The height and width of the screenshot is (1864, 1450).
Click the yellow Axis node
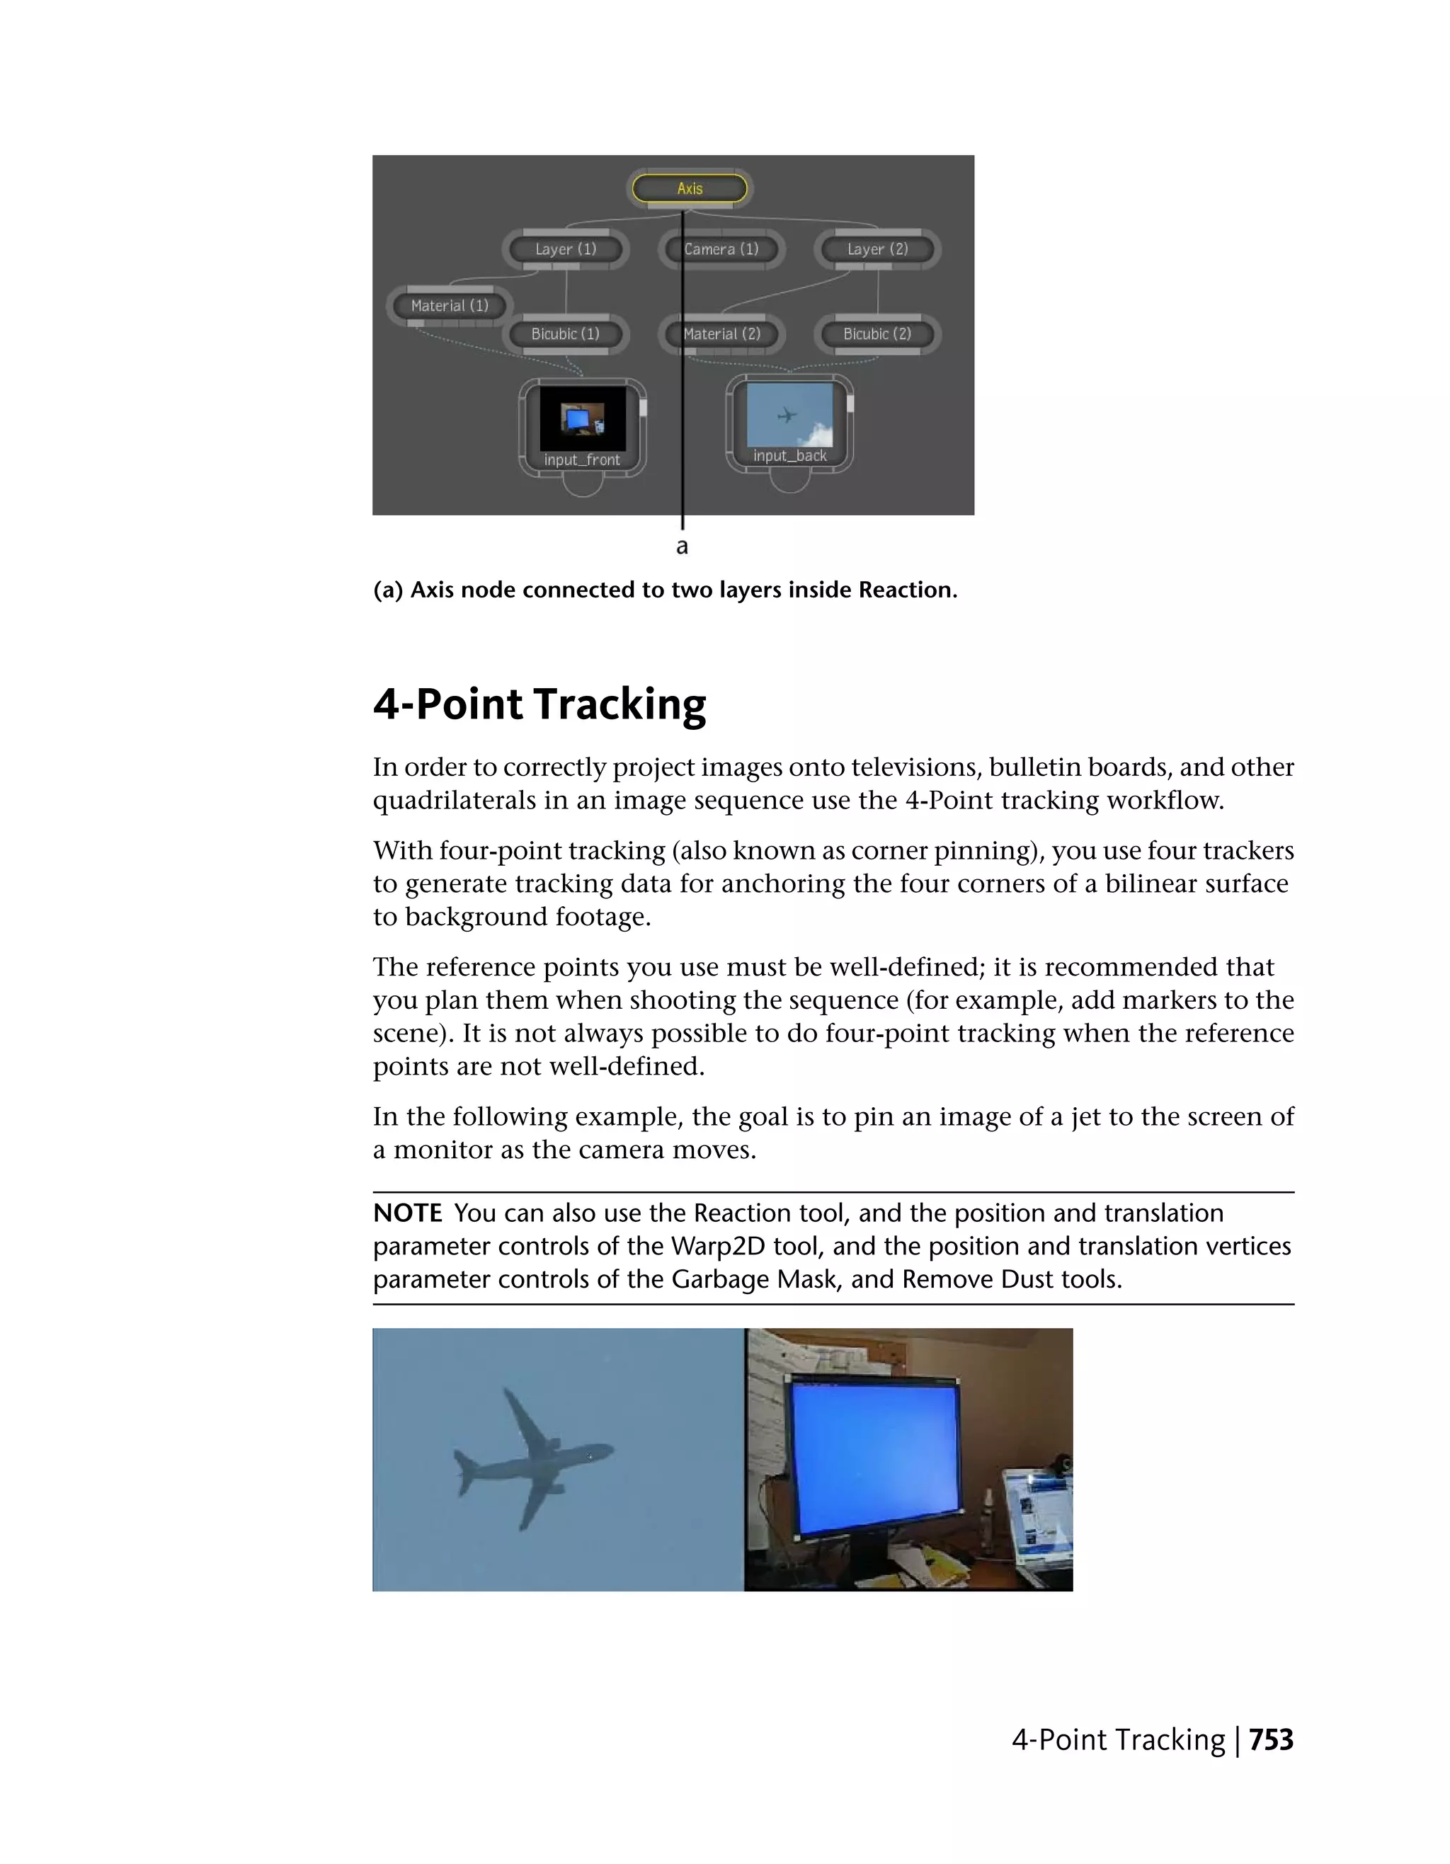[689, 188]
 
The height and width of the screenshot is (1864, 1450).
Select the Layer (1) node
[565, 249]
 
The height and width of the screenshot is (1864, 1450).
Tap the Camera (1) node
[721, 249]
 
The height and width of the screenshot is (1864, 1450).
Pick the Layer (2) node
[877, 249]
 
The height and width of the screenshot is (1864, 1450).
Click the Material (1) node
[449, 306]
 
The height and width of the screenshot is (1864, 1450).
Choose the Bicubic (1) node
[565, 333]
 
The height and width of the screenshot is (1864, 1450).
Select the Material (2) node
[721, 333]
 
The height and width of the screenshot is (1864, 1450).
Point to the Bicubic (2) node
[877, 333]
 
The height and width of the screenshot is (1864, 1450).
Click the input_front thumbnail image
[583, 418]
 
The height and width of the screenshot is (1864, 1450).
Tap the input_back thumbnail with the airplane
[789, 415]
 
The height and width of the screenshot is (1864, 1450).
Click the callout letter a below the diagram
[682, 547]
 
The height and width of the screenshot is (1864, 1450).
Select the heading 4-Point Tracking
[540, 704]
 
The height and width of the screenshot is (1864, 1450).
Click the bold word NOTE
[407, 1213]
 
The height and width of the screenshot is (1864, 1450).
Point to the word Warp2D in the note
[717, 1246]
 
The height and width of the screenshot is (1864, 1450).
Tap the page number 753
[1271, 1739]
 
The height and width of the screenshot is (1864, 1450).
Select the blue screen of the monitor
[875, 1451]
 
